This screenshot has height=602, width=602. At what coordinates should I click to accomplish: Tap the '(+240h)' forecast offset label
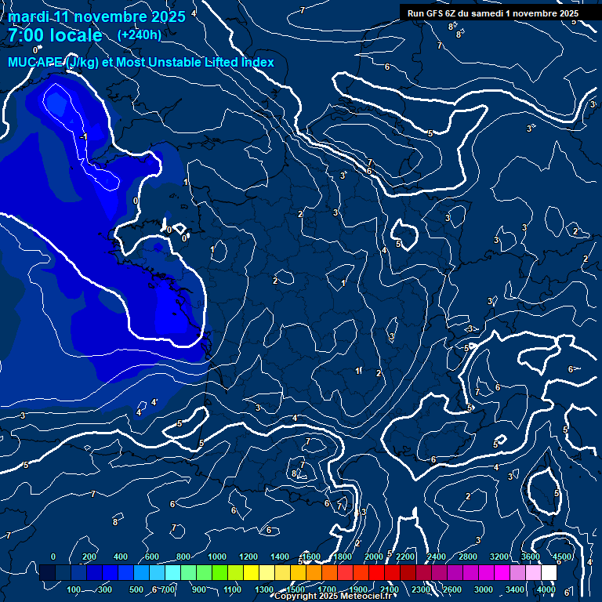click(140, 34)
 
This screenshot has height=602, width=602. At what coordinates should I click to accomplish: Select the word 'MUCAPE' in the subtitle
click(35, 62)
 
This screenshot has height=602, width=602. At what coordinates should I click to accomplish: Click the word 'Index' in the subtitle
click(257, 62)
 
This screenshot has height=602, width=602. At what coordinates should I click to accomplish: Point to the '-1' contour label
click(83, 137)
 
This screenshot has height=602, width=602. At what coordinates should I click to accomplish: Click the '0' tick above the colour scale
click(53, 557)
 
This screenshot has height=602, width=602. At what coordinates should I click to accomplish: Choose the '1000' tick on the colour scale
click(217, 557)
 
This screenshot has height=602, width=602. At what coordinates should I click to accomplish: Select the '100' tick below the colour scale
click(74, 589)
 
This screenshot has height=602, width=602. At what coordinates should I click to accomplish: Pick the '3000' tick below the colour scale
click(484, 589)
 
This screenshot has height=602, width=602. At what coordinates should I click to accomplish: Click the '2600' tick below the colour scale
click(451, 589)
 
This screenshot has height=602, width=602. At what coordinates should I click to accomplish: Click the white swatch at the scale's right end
click(549, 573)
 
